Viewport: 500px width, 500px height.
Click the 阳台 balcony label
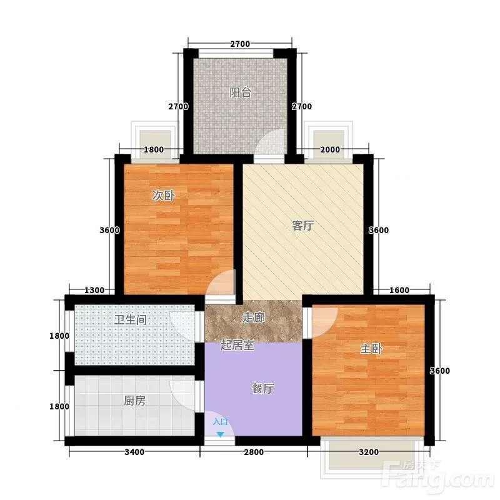pyautogui.click(x=241, y=92)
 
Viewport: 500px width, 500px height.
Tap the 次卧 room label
pyautogui.click(x=164, y=195)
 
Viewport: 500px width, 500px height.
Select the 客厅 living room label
pyautogui.click(x=303, y=226)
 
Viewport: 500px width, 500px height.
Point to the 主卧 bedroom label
pyautogui.click(x=371, y=349)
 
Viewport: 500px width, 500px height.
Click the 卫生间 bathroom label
pyautogui.click(x=131, y=319)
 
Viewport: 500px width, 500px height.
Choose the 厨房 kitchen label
pyautogui.click(x=135, y=401)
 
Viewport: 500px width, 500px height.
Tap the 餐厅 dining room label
pyautogui.click(x=262, y=388)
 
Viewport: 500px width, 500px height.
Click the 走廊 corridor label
pyautogui.click(x=254, y=317)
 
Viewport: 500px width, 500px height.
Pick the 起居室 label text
pyautogui.click(x=237, y=345)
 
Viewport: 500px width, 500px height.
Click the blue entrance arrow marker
pyautogui.click(x=220, y=434)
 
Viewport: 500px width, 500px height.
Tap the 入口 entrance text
pyautogui.click(x=221, y=422)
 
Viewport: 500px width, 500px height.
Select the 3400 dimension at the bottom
pyautogui.click(x=134, y=452)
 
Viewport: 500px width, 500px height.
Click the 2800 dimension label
pyautogui.click(x=254, y=452)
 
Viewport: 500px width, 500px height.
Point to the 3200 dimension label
pyautogui.click(x=369, y=452)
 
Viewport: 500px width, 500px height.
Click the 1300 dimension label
pyautogui.click(x=94, y=290)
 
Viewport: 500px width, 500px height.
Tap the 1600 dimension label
pyautogui.click(x=399, y=290)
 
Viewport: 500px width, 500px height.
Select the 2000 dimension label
pyautogui.click(x=330, y=149)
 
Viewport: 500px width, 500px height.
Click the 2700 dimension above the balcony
pyautogui.click(x=240, y=44)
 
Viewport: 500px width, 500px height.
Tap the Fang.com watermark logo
pyautogui.click(x=440, y=477)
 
